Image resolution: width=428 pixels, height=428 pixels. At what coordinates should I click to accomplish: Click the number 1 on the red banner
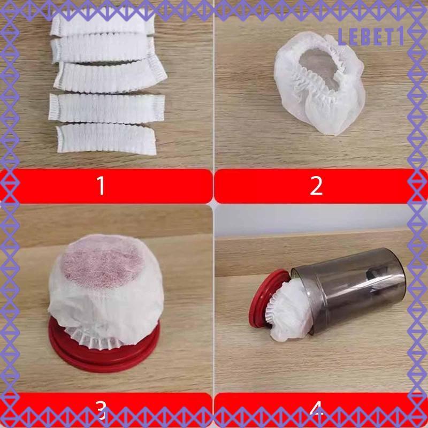[101, 185]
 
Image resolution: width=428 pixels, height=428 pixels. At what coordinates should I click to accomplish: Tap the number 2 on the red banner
[316, 185]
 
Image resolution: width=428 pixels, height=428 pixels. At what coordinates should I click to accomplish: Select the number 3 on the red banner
[101, 410]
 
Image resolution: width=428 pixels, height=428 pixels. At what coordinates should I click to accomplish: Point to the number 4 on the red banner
[317, 410]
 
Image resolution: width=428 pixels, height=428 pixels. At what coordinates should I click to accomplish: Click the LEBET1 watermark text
[371, 37]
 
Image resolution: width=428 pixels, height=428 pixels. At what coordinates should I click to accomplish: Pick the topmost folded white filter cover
[102, 24]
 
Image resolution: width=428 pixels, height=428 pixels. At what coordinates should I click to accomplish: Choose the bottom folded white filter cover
[106, 139]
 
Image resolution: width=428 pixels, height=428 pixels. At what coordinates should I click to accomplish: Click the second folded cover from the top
[102, 49]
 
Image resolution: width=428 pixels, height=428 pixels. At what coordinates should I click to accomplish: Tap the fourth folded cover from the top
[106, 108]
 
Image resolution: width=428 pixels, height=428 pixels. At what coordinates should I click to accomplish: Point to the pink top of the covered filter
[102, 260]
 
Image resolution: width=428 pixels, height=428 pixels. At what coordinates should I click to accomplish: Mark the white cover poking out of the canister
[290, 311]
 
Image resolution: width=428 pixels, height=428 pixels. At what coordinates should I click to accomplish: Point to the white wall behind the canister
[311, 220]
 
